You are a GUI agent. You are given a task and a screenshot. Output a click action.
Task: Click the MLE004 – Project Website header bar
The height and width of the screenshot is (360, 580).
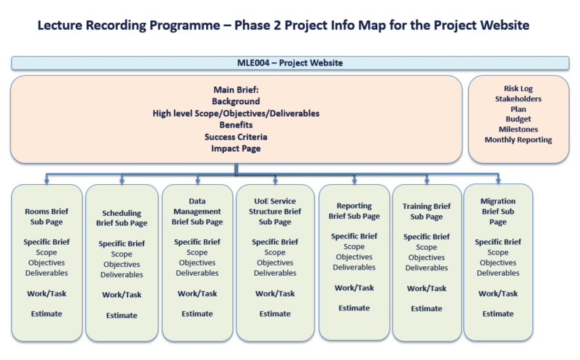pyautogui.click(x=290, y=63)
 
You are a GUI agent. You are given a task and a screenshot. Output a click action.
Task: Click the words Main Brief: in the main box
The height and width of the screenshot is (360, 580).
pyautogui.click(x=236, y=90)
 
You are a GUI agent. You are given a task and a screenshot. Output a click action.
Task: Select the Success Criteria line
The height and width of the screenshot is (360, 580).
pyautogui.click(x=236, y=137)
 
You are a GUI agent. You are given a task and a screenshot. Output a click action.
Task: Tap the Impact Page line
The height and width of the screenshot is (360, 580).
pyautogui.click(x=236, y=149)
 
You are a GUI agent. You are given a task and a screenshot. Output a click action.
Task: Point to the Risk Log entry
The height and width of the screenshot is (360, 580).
pyautogui.click(x=518, y=89)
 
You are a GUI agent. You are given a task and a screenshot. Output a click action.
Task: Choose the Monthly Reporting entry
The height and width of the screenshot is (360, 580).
pyautogui.click(x=518, y=140)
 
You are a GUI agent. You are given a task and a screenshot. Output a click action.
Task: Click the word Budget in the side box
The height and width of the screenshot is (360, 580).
pyautogui.click(x=518, y=119)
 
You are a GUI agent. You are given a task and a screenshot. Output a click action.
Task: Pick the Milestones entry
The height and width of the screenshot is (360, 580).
pyautogui.click(x=518, y=130)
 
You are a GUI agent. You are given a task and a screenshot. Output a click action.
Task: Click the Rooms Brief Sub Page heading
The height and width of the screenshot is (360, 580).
pyautogui.click(x=47, y=217)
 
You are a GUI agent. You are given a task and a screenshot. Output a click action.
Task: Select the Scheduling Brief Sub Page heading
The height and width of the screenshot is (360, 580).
pyautogui.click(x=121, y=219)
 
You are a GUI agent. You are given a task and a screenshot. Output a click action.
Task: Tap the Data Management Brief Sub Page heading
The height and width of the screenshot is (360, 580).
pyautogui.click(x=197, y=212)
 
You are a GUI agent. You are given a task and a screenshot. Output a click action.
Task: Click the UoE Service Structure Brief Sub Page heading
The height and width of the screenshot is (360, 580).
pyautogui.click(x=275, y=212)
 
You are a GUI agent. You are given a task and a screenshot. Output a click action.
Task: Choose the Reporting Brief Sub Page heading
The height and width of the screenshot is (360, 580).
pyautogui.click(x=354, y=211)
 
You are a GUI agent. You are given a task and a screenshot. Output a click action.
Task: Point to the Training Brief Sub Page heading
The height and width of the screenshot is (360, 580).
pyautogui.click(x=426, y=212)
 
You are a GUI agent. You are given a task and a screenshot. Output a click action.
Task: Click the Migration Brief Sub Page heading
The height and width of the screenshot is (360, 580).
pyautogui.click(x=498, y=212)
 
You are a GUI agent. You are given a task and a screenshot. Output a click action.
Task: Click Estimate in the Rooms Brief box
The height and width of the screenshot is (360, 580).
pyautogui.click(x=47, y=314)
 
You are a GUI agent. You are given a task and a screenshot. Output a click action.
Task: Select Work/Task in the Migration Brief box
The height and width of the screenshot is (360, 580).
pyautogui.click(x=498, y=294)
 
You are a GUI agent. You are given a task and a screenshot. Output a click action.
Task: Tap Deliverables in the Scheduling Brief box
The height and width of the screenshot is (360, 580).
pyautogui.click(x=121, y=275)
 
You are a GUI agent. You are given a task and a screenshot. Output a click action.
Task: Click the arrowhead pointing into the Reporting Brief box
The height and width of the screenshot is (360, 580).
pyautogui.click(x=354, y=181)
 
